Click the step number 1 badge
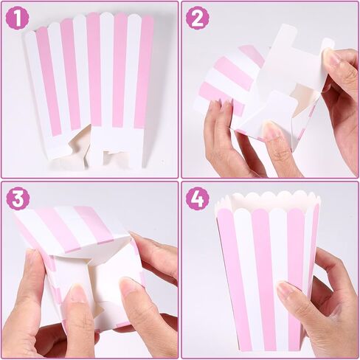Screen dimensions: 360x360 pos(18,18)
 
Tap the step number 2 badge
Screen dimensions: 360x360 pos(197,18)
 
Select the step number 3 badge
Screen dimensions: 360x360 pos(18,198)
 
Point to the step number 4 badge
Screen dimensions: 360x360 pos(197,198)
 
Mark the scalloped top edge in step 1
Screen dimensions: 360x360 pos(89,16)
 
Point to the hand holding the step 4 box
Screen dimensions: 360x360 pos(317,302)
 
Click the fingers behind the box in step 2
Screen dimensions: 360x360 pos(221,136)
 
